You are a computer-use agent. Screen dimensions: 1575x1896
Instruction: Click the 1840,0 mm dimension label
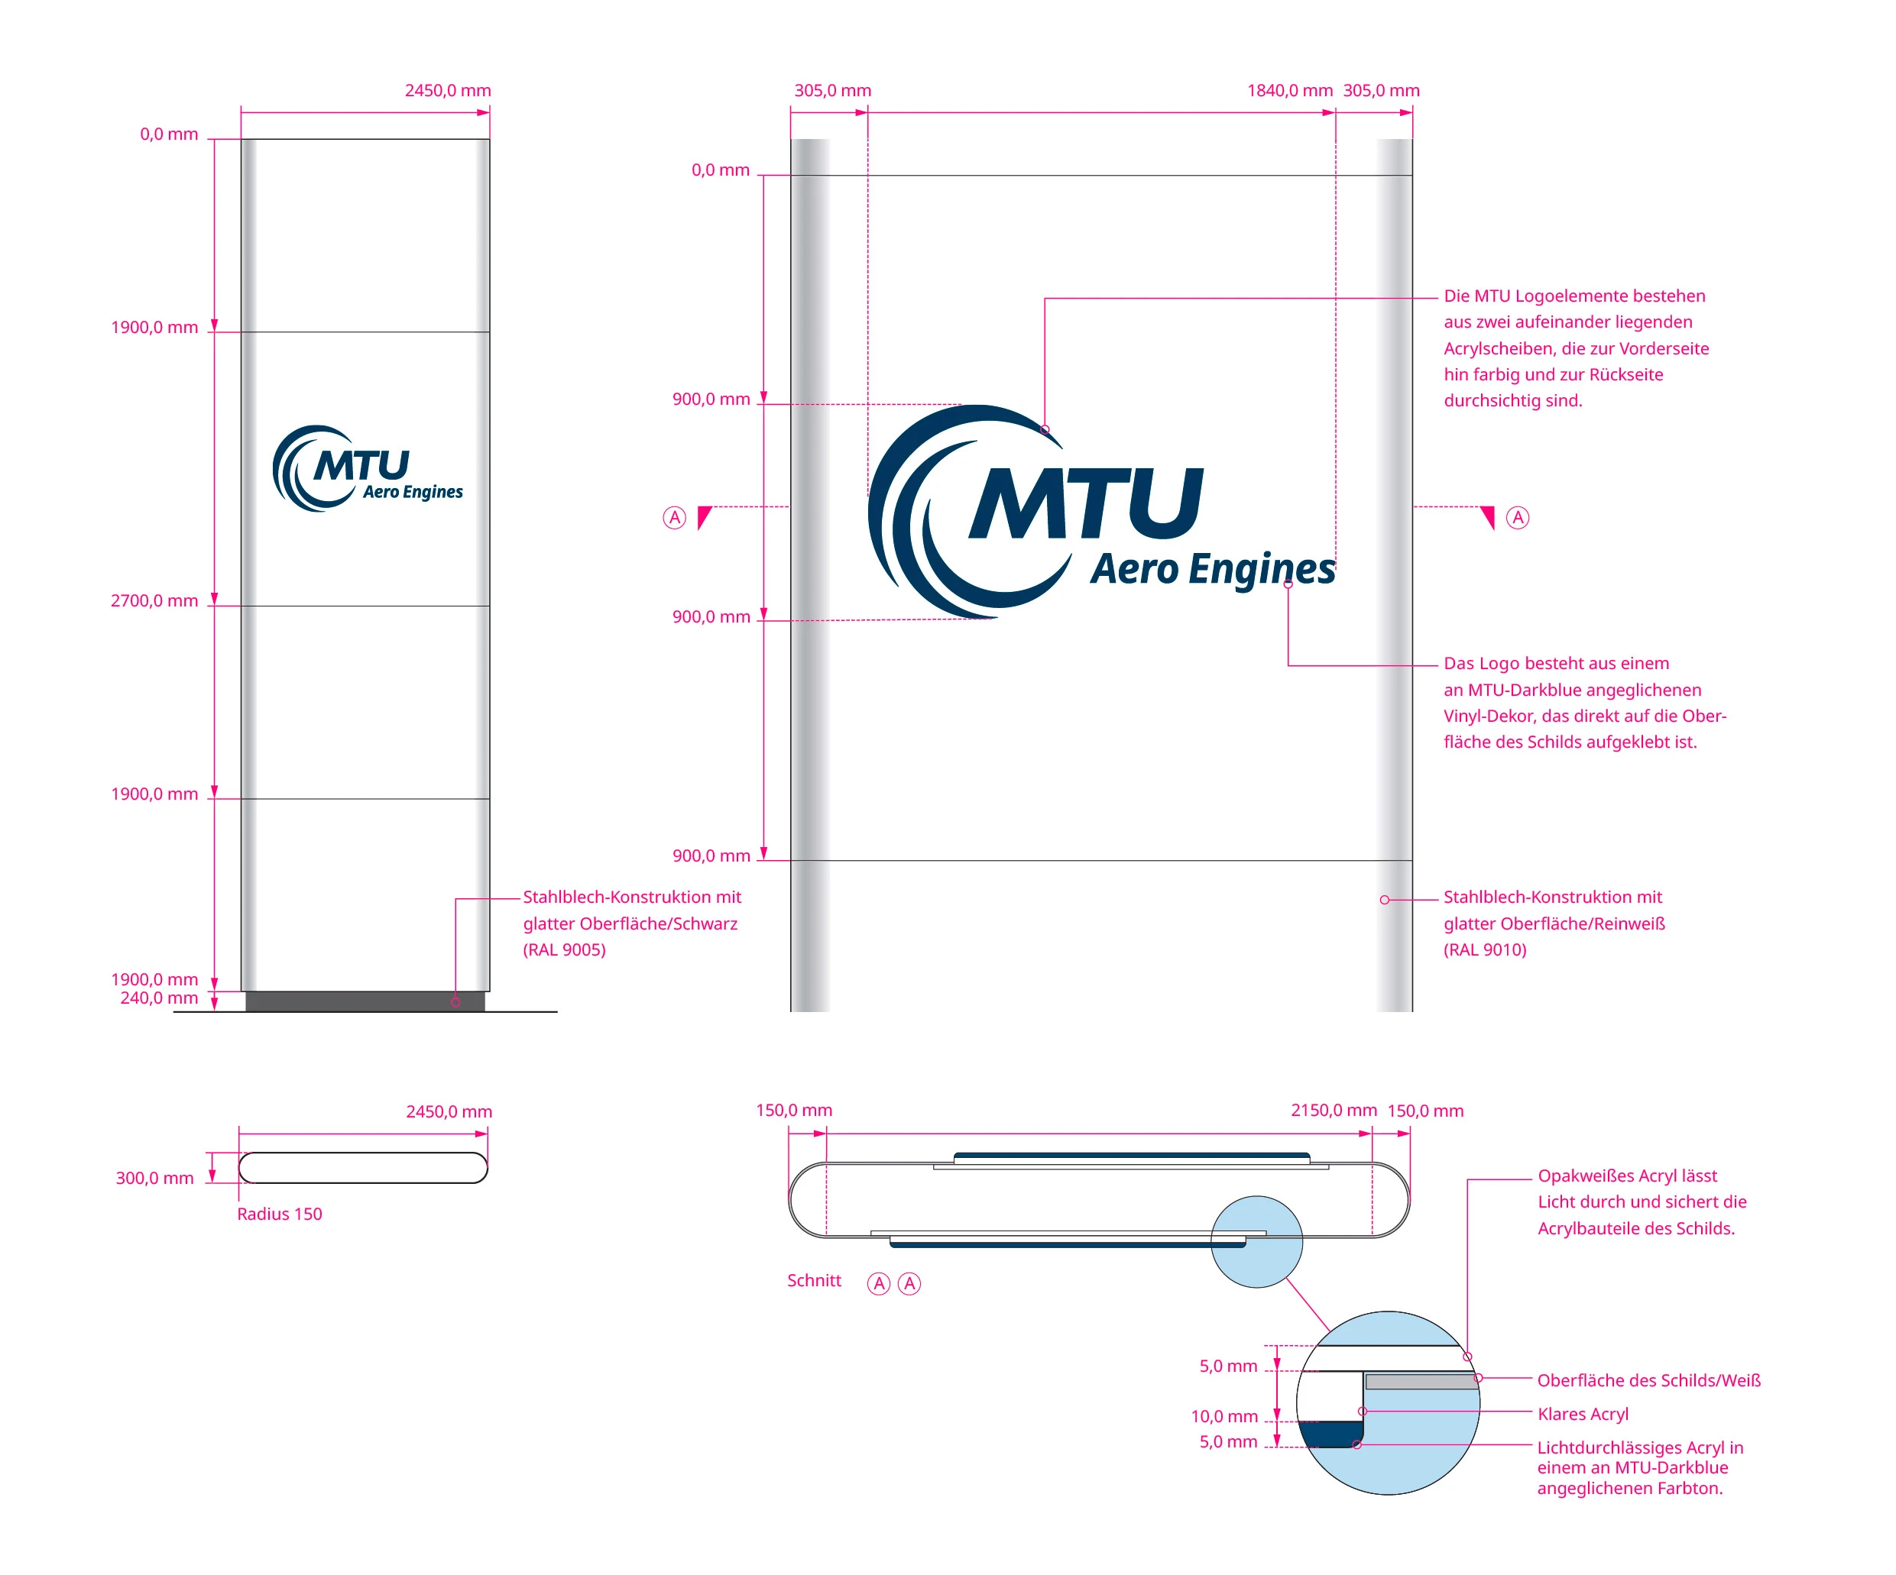point(1289,90)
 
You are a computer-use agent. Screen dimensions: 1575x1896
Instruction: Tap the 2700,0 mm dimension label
point(154,601)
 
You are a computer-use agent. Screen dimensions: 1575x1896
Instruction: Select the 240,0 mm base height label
point(159,998)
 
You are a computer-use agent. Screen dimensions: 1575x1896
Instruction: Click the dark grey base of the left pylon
point(365,1001)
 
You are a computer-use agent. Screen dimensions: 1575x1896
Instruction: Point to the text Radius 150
point(279,1214)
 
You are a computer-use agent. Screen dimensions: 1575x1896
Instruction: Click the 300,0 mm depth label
point(154,1178)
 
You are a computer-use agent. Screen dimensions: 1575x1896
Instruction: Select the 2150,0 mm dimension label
point(1334,1110)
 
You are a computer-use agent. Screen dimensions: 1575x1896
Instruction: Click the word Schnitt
point(813,1281)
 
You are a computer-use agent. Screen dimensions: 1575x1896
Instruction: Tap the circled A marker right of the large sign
point(1518,518)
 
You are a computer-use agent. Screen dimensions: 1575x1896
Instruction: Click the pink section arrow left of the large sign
point(705,517)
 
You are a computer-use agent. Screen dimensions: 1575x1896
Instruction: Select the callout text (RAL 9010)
point(1484,949)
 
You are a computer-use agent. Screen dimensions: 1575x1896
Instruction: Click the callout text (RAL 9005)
point(564,949)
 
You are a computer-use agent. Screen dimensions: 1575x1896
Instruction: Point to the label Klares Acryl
point(1583,1415)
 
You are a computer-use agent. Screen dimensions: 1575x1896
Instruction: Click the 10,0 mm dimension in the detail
point(1223,1416)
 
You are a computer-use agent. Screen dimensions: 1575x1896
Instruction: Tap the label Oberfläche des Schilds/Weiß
point(1648,1380)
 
